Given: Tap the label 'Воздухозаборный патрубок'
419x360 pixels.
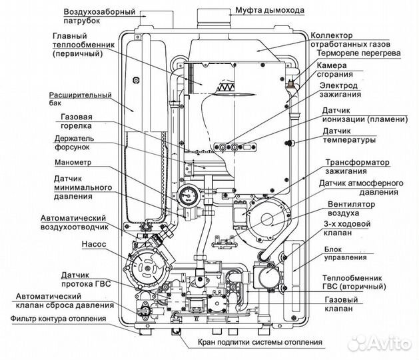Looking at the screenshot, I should tap(99, 16).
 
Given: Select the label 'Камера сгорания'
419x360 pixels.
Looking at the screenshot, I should tap(340, 71).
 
